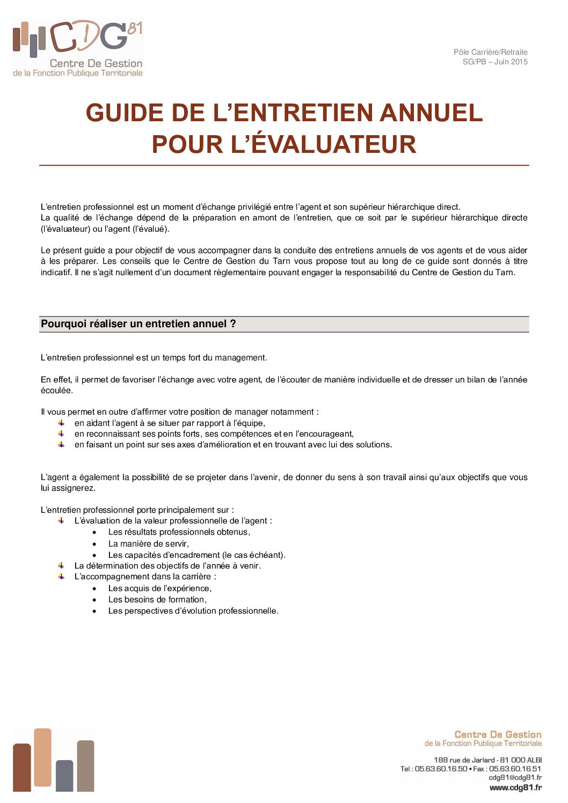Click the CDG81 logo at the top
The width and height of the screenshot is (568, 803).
(x=78, y=48)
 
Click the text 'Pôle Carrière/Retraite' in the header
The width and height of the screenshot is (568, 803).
(x=490, y=52)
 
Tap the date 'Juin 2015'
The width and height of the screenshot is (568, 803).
(x=511, y=62)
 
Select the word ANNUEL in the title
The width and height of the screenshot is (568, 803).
(x=431, y=113)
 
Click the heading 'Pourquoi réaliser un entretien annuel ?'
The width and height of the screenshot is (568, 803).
(x=139, y=324)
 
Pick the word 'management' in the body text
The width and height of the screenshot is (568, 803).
(x=239, y=358)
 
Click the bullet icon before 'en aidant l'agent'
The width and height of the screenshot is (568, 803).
(x=61, y=423)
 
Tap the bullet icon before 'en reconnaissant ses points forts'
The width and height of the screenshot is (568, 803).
(x=61, y=434)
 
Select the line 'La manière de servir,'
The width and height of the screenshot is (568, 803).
(x=148, y=543)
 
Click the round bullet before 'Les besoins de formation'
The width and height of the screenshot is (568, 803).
(x=94, y=600)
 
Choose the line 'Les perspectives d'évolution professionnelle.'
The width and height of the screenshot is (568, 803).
(x=193, y=611)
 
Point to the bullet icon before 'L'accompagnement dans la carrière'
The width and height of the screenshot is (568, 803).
(x=61, y=577)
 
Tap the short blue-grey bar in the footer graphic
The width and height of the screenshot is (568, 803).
(x=64, y=776)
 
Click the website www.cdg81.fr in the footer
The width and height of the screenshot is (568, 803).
(x=515, y=787)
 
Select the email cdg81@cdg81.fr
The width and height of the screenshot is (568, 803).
(x=515, y=777)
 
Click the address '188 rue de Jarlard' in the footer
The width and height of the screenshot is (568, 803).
(x=464, y=760)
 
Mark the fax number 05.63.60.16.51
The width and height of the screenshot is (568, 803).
(x=515, y=769)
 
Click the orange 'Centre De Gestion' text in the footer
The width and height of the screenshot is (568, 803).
(x=498, y=734)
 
